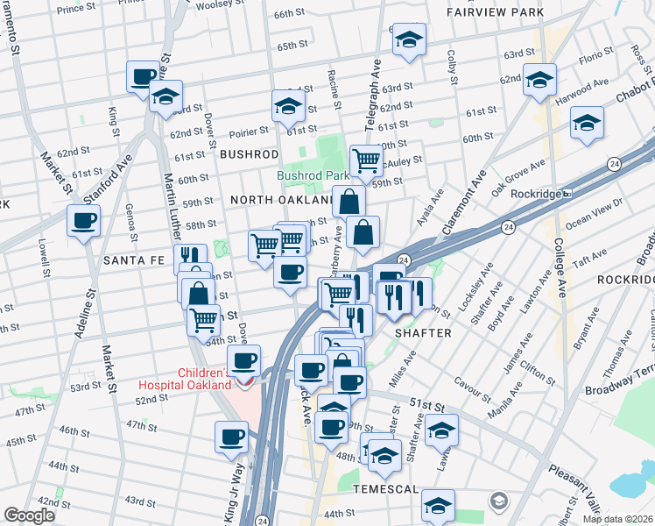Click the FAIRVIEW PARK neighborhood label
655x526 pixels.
tap(495, 13)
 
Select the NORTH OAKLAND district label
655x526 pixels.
tap(280, 200)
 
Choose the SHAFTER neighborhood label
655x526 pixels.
tap(423, 333)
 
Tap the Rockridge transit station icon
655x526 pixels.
tap(567, 194)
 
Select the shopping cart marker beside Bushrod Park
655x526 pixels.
tap(366, 160)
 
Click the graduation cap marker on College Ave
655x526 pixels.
tap(540, 79)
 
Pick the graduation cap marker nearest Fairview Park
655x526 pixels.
tap(409, 39)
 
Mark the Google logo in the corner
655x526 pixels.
tap(29, 515)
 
